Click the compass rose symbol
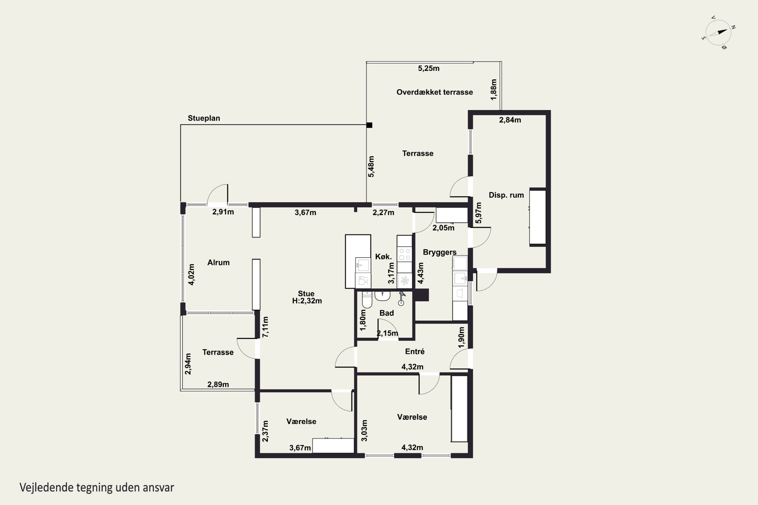coord(718,33)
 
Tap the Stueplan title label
coord(204,118)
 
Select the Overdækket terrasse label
coord(434,92)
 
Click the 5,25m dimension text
coord(429,68)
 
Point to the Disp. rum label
coord(506,195)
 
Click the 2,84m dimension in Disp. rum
coord(510,120)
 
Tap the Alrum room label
coord(218,263)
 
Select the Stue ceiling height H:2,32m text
coord(307,301)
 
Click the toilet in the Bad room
coord(367,299)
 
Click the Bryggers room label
coord(440,252)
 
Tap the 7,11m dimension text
coord(265,327)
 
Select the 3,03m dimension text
coord(364,431)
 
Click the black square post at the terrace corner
coord(369,125)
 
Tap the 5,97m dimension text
coord(479,213)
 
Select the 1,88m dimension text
coord(493,90)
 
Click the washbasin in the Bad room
coord(383,295)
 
